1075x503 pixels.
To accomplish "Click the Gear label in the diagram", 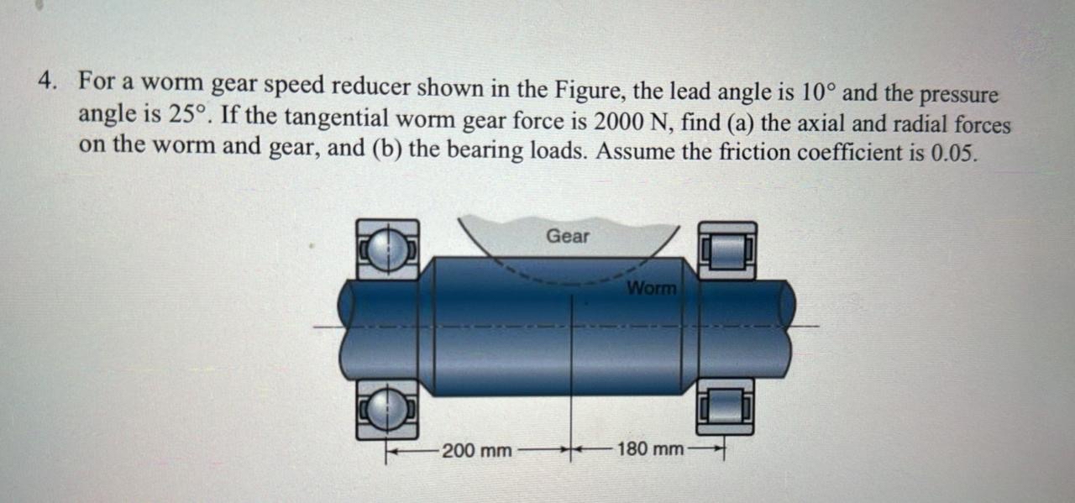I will point(568,237).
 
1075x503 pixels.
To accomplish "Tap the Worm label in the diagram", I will point(651,288).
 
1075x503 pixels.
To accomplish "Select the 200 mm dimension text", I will point(476,450).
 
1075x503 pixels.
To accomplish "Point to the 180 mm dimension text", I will point(650,449).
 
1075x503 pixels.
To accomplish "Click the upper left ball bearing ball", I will point(387,250).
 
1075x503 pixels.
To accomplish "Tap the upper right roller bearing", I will point(727,250).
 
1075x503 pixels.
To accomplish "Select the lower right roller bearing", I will point(726,406).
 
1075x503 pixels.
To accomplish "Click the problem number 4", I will point(46,81).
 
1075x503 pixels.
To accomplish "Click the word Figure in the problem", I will point(587,87).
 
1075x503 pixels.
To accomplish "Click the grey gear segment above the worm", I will point(521,239).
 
